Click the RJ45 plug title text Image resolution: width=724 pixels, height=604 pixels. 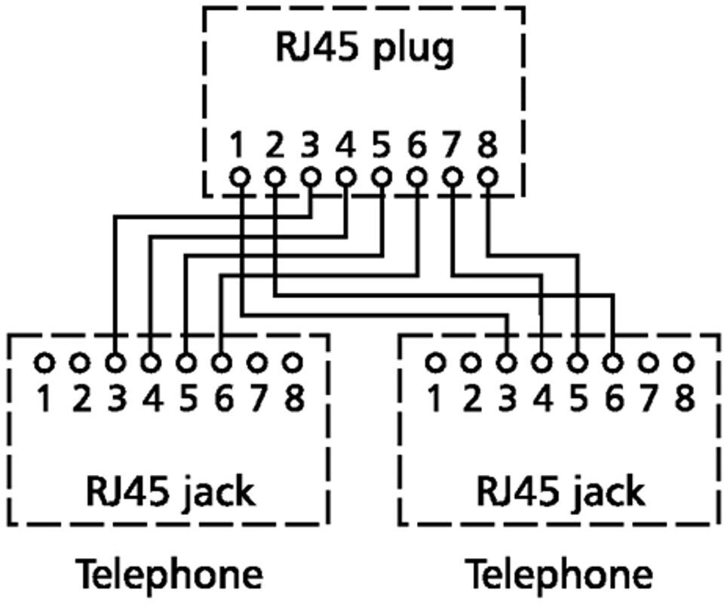click(x=363, y=49)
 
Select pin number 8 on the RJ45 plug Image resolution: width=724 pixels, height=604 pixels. click(x=488, y=144)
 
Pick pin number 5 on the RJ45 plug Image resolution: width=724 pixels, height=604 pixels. click(x=382, y=144)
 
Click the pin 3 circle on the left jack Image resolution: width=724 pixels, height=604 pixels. click(x=115, y=363)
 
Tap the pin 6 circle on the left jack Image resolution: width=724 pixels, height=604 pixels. click(x=222, y=363)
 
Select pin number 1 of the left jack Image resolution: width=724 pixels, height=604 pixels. click(x=44, y=398)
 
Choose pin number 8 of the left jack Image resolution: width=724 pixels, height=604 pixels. click(x=293, y=398)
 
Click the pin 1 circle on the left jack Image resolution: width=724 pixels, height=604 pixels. click(x=44, y=363)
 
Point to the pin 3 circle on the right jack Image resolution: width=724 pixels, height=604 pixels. click(x=506, y=363)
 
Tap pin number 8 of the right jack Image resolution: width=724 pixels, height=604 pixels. click(x=683, y=398)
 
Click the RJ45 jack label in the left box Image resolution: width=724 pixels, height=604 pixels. click(x=169, y=492)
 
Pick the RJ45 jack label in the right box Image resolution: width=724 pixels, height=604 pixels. click(x=560, y=492)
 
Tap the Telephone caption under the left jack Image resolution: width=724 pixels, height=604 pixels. click(x=170, y=575)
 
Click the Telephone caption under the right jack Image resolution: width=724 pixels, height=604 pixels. click(x=559, y=575)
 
